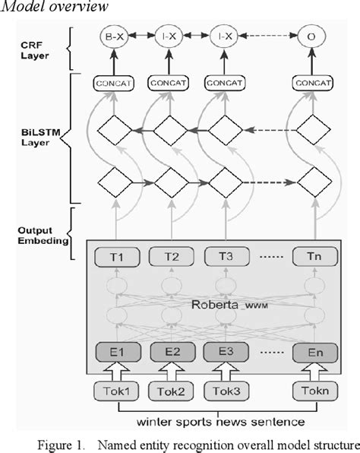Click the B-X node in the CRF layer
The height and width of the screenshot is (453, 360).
click(x=114, y=35)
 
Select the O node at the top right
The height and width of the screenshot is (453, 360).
click(x=309, y=35)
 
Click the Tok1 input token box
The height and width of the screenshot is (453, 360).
click(x=114, y=392)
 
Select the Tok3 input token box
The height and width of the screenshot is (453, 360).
click(x=220, y=392)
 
